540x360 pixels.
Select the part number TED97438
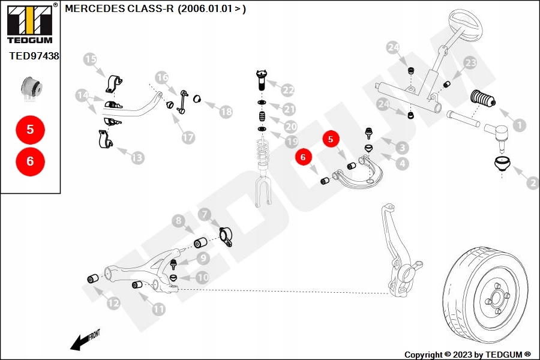click(34, 56)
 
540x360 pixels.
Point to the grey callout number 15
click(90, 59)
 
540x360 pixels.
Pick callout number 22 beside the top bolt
click(288, 91)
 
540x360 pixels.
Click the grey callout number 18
click(226, 112)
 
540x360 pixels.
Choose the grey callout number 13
click(137, 158)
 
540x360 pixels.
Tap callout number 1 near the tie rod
click(520, 126)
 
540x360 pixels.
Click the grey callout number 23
click(470, 63)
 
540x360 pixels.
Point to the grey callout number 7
click(204, 214)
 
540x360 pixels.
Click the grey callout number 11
click(158, 310)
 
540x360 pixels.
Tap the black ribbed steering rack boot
click(484, 99)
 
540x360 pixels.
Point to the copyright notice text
click(467, 355)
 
